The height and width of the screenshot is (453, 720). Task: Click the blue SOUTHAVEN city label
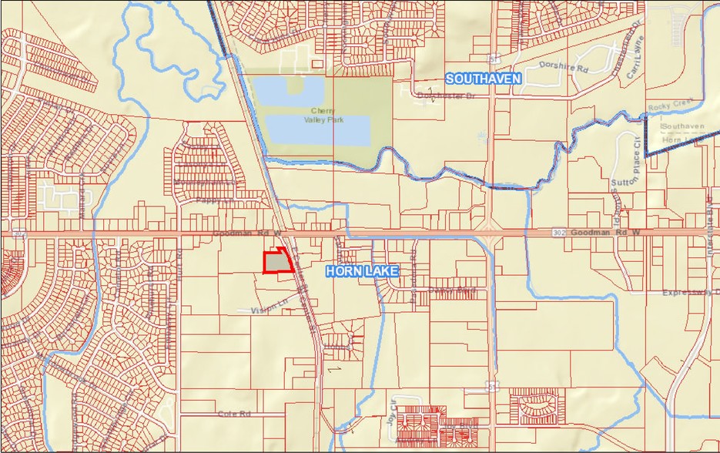[483, 79]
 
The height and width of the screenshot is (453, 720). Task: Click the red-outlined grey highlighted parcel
[277, 262]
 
